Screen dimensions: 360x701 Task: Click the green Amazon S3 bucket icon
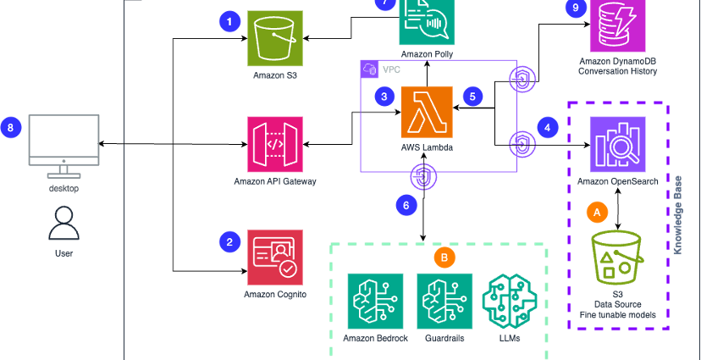click(274, 38)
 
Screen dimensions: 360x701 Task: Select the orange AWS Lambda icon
click(427, 112)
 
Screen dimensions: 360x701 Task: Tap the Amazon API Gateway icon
click(274, 144)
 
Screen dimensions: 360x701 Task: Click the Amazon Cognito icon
click(274, 258)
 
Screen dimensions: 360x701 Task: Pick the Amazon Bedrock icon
click(375, 300)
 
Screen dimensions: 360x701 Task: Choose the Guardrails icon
click(444, 300)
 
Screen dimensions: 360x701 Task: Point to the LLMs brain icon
click(509, 301)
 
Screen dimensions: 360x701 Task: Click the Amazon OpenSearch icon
click(617, 144)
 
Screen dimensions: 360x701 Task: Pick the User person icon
click(63, 223)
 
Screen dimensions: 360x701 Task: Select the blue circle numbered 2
click(229, 242)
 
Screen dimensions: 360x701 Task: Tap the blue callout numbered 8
click(11, 129)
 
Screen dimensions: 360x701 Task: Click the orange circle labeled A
click(597, 212)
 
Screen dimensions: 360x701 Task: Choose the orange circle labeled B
click(444, 255)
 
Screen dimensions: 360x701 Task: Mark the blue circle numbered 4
click(548, 128)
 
